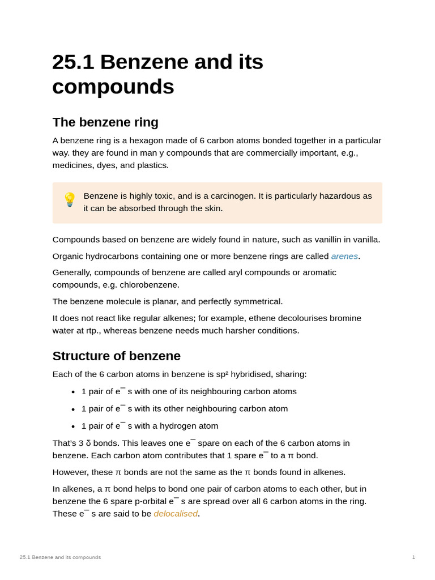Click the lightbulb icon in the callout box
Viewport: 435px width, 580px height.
click(x=69, y=199)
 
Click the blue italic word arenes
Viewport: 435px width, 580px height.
click(x=344, y=256)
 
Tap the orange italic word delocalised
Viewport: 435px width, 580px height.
click(x=176, y=514)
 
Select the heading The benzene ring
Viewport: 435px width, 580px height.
click(x=105, y=122)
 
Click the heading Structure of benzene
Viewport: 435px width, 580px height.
click(x=117, y=356)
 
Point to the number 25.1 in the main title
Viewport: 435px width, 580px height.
click(x=73, y=62)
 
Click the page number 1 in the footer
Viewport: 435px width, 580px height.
click(x=413, y=557)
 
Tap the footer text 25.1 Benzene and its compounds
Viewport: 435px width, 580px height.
click(x=60, y=557)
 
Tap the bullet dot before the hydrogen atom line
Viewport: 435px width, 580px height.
click(x=73, y=427)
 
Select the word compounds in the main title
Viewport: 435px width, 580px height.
click(x=113, y=87)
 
